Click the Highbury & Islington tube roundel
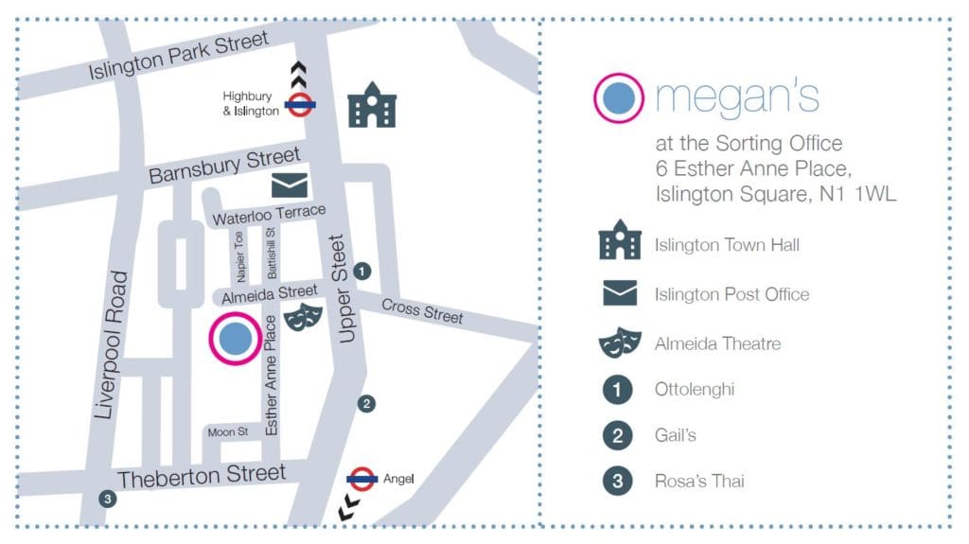click(300, 104)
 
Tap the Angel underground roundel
click(362, 480)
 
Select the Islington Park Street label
click(179, 55)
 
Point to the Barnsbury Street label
click(224, 166)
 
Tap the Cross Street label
click(422, 310)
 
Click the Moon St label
click(227, 432)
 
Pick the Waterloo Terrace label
click(269, 215)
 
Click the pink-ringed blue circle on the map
click(234, 339)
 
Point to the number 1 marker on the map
click(361, 272)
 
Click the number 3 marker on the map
click(107, 499)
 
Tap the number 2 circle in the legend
click(617, 435)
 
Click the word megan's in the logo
click(737, 97)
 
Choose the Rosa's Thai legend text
click(699, 481)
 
